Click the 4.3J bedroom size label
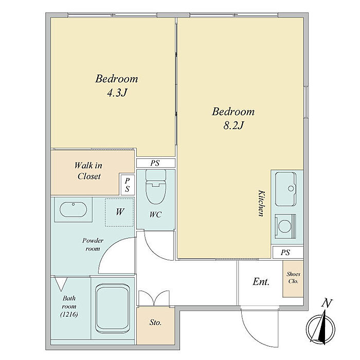[117, 93]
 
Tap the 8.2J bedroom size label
[233, 125]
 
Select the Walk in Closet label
[88, 171]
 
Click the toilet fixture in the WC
[156, 187]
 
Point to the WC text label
[156, 214]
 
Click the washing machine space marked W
[120, 212]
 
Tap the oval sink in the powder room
[73, 209]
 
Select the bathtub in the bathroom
[113, 308]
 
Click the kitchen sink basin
[285, 189]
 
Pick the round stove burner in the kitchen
[285, 226]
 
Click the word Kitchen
[261, 203]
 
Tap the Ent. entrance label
[261, 282]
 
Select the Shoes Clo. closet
[293, 279]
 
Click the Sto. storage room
[156, 326]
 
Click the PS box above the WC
[156, 163]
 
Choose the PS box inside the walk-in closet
[128, 184]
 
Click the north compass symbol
[320, 326]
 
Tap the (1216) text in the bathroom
[69, 314]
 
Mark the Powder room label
[93, 244]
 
